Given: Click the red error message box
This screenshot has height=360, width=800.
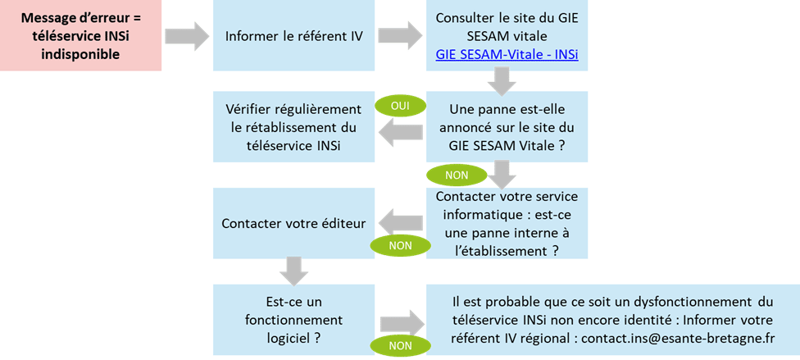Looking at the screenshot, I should pos(80,36).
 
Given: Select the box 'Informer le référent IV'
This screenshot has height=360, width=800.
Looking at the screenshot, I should pos(293,36).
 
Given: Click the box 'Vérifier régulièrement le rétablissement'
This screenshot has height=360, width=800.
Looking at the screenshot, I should pos(293,127).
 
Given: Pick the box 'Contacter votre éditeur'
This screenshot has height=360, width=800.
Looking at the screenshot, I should pos(293,222).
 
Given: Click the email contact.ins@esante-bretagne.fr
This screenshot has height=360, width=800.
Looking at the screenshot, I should pos(678,338).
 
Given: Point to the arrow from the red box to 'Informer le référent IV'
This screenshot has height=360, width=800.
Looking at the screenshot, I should pos(188,36).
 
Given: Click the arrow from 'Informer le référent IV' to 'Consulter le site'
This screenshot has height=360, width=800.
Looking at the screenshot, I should pos(401,36).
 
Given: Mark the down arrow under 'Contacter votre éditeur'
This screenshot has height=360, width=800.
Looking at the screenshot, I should pos(293,268).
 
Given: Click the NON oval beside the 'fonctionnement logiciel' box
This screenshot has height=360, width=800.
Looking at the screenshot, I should pos(401,346).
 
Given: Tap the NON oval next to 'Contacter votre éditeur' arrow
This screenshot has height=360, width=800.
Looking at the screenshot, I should pos(401,244).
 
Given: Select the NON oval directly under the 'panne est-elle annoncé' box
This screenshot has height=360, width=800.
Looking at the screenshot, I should pos(455,175).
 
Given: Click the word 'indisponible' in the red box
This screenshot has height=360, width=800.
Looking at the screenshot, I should pos(80,54).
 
